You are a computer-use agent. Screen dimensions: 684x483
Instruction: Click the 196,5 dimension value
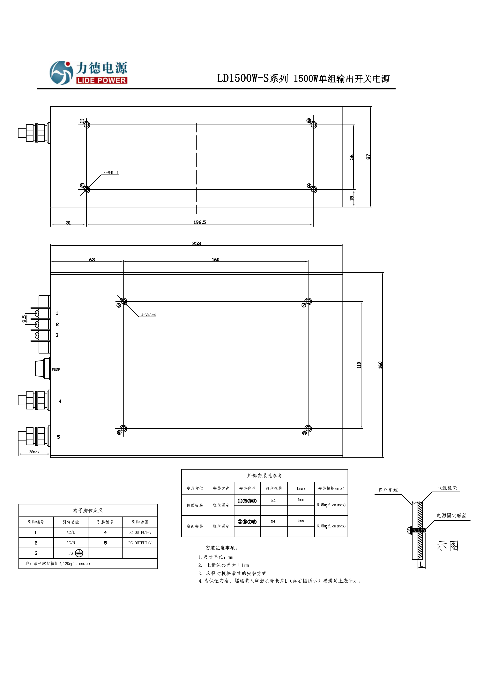tap(199, 222)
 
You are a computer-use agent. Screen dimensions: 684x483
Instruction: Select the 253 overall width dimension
tap(197, 243)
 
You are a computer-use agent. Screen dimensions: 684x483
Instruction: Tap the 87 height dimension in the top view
tap(368, 157)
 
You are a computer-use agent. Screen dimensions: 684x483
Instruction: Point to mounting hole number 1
tap(87, 125)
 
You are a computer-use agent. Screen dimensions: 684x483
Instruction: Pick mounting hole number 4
tap(314, 190)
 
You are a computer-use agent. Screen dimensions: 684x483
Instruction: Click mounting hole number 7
tap(308, 301)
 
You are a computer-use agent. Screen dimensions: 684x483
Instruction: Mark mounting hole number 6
tap(123, 429)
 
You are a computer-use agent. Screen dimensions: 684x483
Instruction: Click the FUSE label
tap(56, 370)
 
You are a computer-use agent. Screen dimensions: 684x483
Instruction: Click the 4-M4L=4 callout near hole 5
tap(148, 315)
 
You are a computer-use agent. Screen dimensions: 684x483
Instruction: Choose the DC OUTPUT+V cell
tap(140, 543)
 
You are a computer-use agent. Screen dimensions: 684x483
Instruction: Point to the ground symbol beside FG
tap(79, 553)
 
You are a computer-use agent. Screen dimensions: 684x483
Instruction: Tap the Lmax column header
tap(301, 489)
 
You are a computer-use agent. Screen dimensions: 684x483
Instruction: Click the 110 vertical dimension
tap(359, 365)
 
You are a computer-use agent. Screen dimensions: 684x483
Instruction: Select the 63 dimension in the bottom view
tap(92, 260)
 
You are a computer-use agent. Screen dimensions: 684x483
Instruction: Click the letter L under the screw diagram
tap(421, 564)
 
